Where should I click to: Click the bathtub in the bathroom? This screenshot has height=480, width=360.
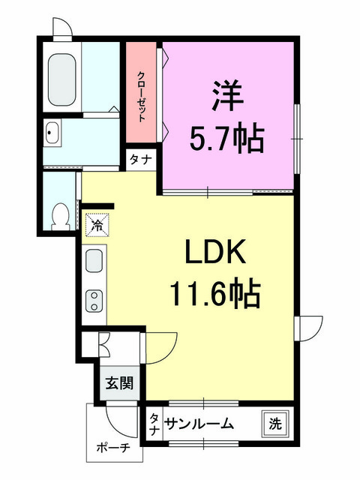(x=61, y=80)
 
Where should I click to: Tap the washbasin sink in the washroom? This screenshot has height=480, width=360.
(x=52, y=132)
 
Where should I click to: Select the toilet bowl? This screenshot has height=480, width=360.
(x=60, y=217)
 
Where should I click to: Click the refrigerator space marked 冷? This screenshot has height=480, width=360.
(x=97, y=225)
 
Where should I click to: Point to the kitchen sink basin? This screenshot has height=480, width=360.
(x=94, y=260)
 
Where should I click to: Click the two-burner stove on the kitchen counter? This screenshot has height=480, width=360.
(x=94, y=301)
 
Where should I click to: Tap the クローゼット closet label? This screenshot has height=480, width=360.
(x=141, y=97)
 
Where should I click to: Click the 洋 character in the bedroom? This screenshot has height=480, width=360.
(x=227, y=96)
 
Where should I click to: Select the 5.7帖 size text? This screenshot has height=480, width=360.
(x=226, y=138)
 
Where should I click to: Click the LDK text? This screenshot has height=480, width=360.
(x=215, y=252)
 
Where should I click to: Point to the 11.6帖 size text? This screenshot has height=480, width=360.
(x=215, y=292)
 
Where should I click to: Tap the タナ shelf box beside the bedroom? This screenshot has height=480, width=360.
(x=141, y=160)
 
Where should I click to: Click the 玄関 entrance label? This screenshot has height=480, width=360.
(x=119, y=383)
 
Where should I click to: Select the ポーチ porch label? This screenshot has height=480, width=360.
(x=113, y=448)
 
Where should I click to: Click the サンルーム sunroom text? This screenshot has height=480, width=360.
(x=199, y=424)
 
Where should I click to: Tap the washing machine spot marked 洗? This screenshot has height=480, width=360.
(x=275, y=424)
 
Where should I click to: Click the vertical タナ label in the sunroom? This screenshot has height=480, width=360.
(x=154, y=424)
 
